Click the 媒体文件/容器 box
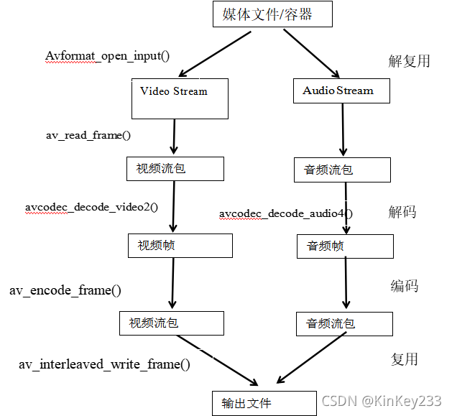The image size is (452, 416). click(x=272, y=14)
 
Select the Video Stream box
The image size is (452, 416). click(x=180, y=98)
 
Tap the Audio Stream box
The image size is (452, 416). click(x=342, y=91)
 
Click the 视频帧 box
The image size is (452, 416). click(x=180, y=246)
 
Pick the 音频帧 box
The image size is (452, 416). click(x=345, y=246)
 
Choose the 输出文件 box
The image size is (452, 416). click(x=264, y=402)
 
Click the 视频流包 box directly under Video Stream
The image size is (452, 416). click(x=175, y=169)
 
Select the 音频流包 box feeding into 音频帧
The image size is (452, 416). click(x=342, y=170)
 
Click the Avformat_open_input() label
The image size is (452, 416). click(x=112, y=56)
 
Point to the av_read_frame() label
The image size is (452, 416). click(x=88, y=134)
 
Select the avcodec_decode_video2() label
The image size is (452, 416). click(x=92, y=208)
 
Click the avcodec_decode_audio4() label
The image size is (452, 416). click(x=286, y=213)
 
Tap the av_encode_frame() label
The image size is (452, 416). click(x=65, y=290)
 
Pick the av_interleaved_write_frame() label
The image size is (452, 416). click(x=104, y=364)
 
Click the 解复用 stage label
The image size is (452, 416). click(x=409, y=60)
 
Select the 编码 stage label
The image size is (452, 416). click(x=404, y=286)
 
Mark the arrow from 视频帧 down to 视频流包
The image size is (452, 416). click(x=173, y=283)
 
